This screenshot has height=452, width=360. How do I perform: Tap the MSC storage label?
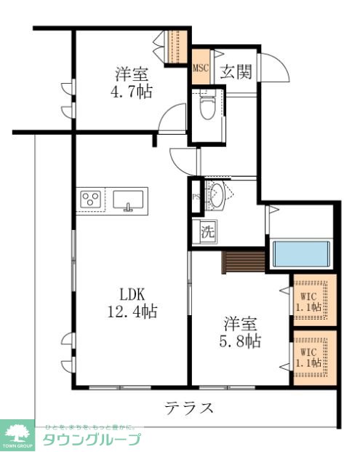(x=201, y=68)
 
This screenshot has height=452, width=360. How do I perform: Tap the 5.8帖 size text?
(x=242, y=340)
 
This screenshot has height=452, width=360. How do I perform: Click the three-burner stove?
(x=92, y=199)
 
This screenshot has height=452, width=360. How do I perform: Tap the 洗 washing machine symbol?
(x=207, y=234)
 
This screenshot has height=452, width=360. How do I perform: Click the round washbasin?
(x=217, y=194)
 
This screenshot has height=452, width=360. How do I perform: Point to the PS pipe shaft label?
(x=196, y=197)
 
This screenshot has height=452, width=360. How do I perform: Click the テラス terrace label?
(x=188, y=408)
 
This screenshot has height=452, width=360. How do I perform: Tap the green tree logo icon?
(x=19, y=433)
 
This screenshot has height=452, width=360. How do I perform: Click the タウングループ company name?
(x=92, y=439)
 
